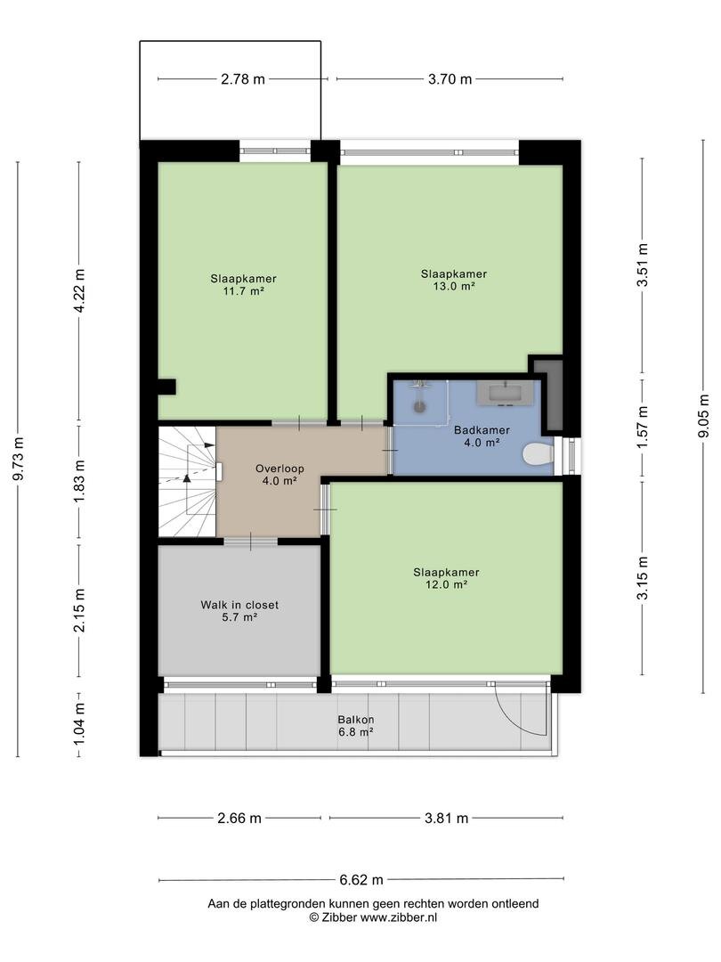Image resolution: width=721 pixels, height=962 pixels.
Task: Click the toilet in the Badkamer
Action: (538, 455)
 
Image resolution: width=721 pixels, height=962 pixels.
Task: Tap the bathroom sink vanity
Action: (507, 394)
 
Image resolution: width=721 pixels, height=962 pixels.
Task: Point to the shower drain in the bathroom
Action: (419, 405)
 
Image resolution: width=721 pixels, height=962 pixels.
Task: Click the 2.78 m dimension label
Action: (243, 79)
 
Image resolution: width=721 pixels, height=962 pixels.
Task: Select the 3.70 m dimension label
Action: (450, 79)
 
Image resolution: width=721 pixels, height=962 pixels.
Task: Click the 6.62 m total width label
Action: (361, 880)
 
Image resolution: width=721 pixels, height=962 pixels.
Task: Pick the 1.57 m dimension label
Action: (642, 427)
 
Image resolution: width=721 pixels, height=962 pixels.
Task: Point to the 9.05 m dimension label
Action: (703, 415)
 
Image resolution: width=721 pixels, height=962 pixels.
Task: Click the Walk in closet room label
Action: (239, 605)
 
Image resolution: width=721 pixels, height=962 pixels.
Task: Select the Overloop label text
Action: (279, 469)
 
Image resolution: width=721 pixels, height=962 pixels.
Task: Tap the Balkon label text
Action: (355, 720)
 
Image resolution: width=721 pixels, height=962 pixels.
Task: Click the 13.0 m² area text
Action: (454, 286)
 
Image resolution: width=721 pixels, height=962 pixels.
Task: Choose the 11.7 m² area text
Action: (243, 290)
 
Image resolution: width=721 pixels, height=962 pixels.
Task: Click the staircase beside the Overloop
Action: (187, 482)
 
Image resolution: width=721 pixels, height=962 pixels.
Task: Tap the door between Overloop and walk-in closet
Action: (250, 542)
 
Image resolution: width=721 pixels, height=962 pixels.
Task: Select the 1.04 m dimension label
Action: (79, 723)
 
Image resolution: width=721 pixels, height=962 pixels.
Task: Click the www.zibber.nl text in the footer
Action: (399, 917)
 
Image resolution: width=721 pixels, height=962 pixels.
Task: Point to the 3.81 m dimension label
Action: (446, 818)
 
